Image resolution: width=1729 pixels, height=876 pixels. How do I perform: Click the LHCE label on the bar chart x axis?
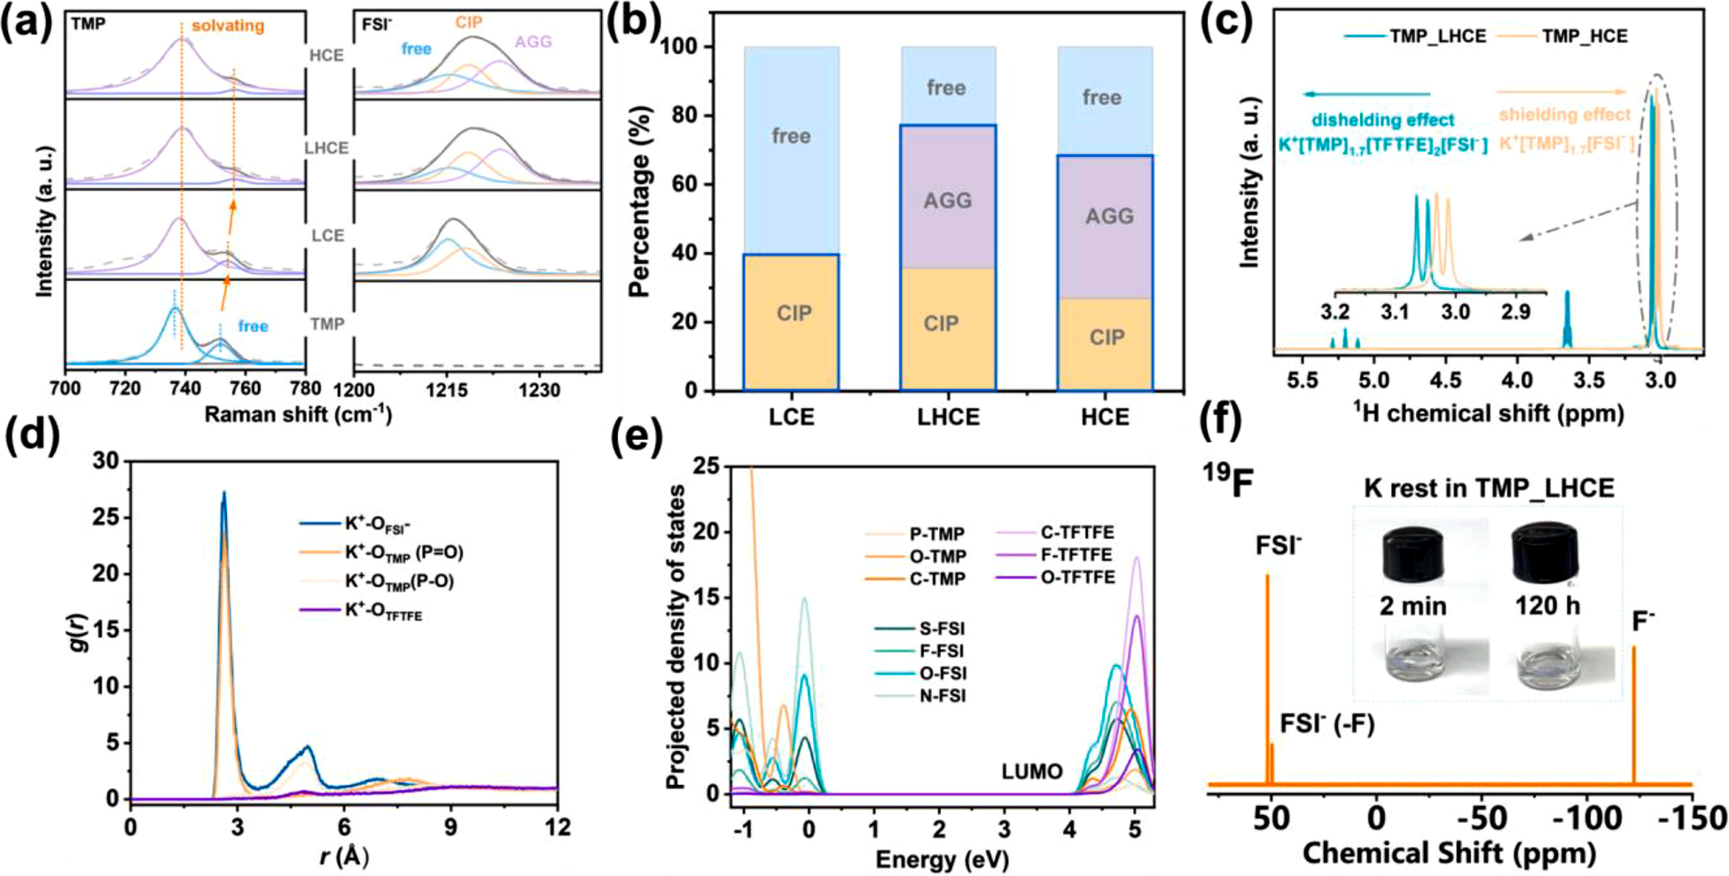pyautogui.click(x=948, y=418)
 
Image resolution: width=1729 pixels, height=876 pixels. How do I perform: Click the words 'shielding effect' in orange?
pyautogui.click(x=1565, y=114)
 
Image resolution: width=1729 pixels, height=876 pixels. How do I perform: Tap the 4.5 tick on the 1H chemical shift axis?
pyautogui.click(x=1445, y=381)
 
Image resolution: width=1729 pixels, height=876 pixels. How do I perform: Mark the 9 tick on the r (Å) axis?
pyautogui.click(x=451, y=826)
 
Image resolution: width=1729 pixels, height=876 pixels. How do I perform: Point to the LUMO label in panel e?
pyautogui.click(x=1032, y=771)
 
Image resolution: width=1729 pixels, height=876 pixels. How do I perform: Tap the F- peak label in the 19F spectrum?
pyautogui.click(x=1643, y=622)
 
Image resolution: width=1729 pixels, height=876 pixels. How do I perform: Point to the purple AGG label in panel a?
pyautogui.click(x=533, y=42)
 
